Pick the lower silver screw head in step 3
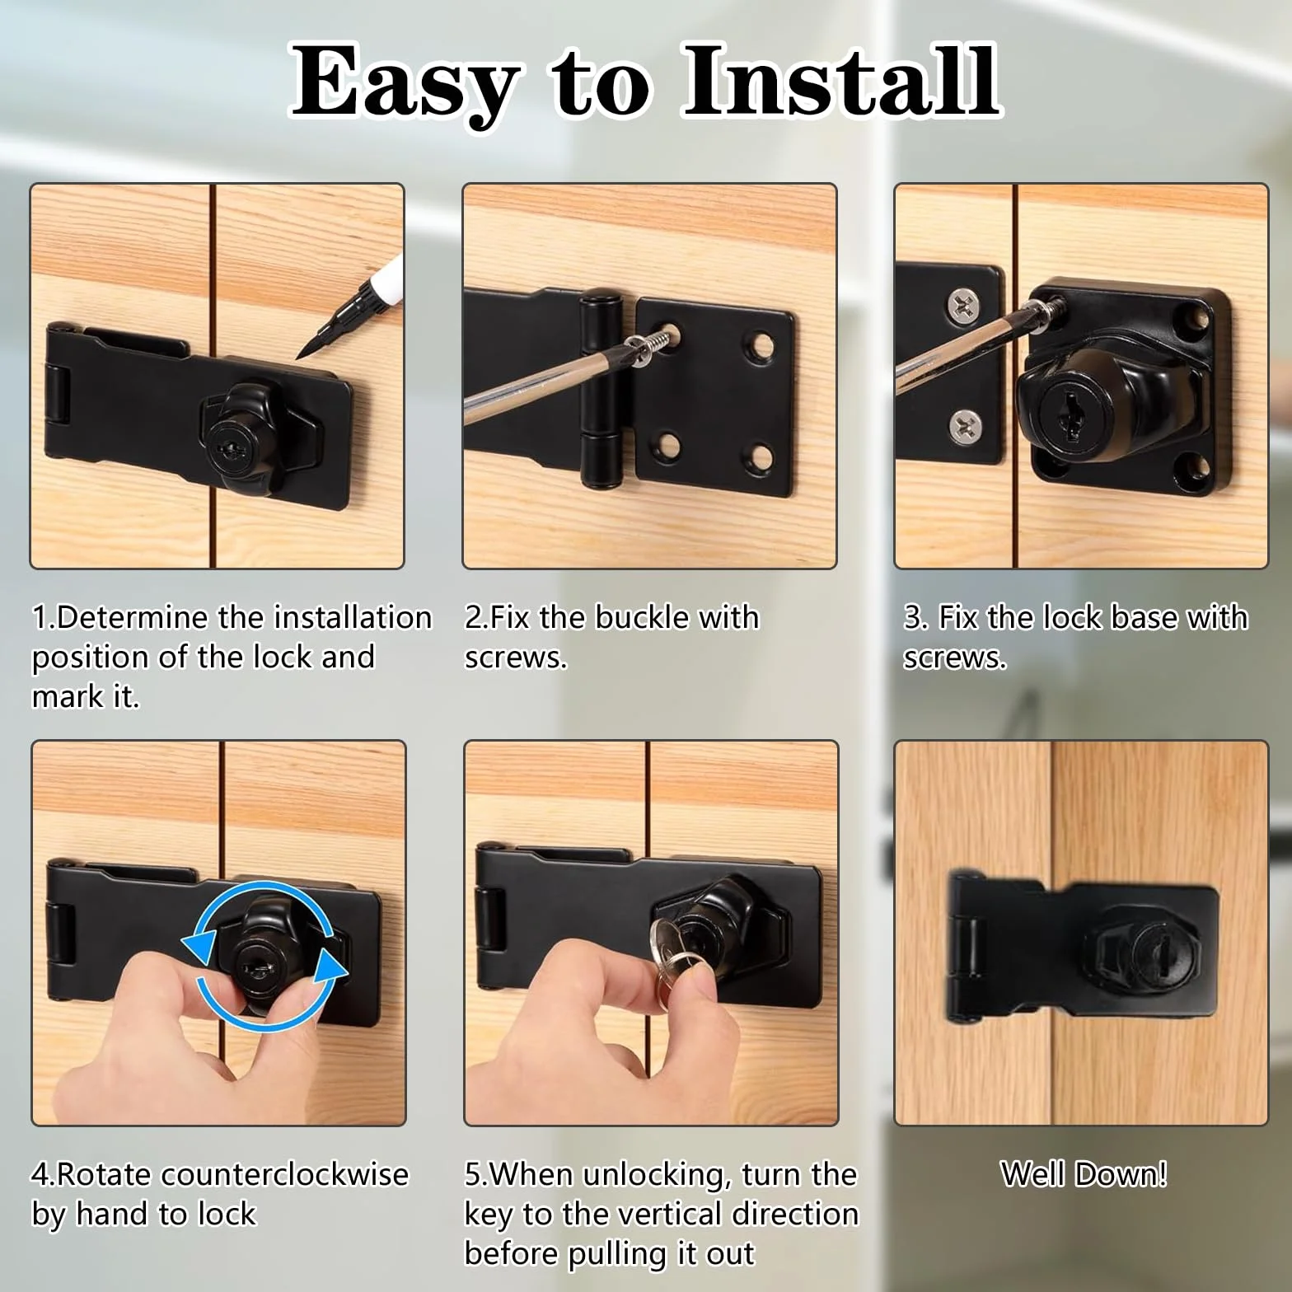coord(965,426)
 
